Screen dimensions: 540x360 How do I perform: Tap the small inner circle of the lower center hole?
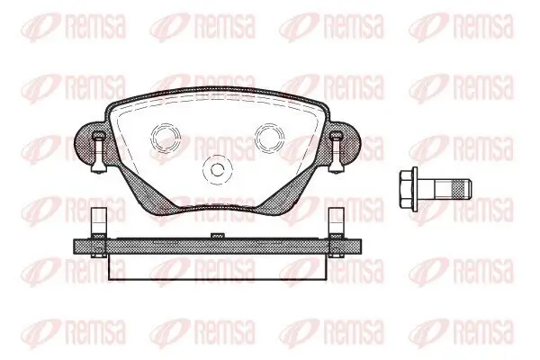point(217,169)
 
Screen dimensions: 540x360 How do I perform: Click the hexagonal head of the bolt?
point(406,189)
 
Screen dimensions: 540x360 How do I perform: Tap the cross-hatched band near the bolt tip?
point(461,189)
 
